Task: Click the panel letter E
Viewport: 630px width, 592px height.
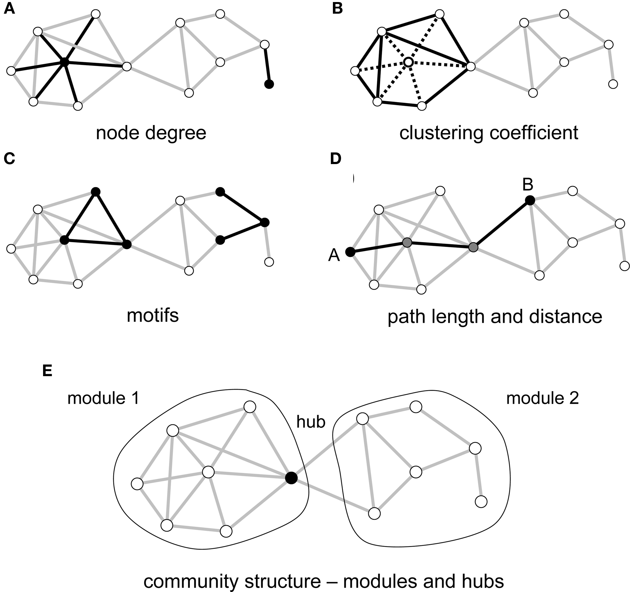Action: coord(47,371)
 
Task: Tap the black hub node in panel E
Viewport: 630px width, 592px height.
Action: coord(291,478)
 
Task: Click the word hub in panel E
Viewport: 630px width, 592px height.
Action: coord(310,422)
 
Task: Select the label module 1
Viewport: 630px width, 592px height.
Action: coord(103,398)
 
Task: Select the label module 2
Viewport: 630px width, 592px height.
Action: coord(542,398)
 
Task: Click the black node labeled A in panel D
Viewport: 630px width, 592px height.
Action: coord(350,252)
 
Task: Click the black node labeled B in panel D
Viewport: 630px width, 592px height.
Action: coord(530,200)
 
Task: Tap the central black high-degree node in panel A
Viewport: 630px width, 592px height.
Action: coord(64,62)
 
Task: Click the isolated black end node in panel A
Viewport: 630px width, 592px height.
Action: coord(269,84)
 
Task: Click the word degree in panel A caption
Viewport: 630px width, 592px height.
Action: coord(175,133)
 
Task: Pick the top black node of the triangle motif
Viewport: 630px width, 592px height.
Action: coord(95,192)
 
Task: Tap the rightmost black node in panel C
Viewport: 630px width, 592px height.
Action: coord(265,222)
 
